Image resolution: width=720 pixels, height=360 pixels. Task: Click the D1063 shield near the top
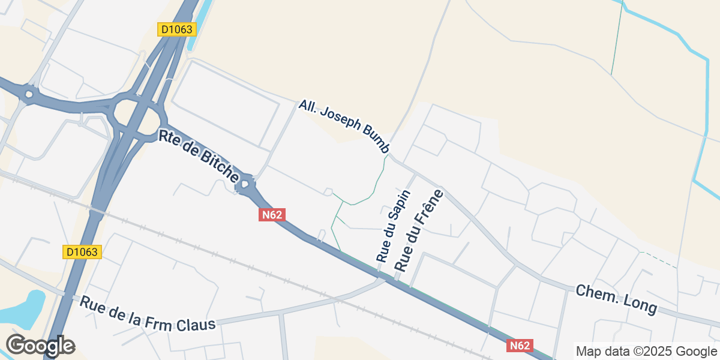[177, 29]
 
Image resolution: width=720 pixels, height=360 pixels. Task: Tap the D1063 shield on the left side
[82, 252]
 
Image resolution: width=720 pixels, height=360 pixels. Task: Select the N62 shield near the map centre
[272, 215]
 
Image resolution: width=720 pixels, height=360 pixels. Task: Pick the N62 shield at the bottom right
[520, 345]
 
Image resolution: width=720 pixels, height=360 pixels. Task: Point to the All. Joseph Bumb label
[344, 127]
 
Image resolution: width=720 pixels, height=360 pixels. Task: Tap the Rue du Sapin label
[394, 226]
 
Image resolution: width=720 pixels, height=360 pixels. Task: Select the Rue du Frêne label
[418, 230]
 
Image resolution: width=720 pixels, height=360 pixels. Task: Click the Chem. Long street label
[616, 299]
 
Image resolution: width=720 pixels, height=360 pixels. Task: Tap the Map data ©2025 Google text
[646, 351]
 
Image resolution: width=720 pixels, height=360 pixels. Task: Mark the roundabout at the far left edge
[27, 94]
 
